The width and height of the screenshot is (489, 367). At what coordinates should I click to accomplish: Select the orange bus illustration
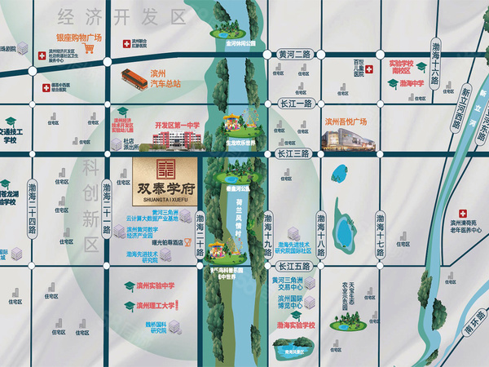pos(136,77)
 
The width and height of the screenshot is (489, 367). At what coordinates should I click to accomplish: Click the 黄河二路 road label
pos(293,53)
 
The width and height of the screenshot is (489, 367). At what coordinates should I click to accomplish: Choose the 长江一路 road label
pos(294,104)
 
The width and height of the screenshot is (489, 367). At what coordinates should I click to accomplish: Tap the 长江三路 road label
pos(294,153)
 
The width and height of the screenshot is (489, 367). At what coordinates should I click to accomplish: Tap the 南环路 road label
pos(468,335)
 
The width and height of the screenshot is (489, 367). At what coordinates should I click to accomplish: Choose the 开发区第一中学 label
pos(177,124)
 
